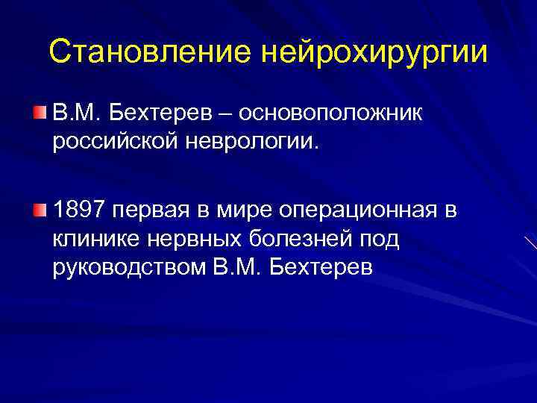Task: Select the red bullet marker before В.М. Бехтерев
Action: click(39, 112)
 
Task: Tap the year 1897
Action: click(81, 211)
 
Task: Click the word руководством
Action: click(127, 266)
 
